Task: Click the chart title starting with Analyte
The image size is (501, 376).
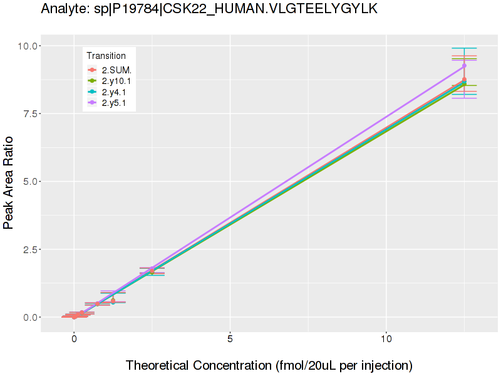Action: pos(209,9)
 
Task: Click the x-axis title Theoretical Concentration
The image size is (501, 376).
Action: pos(269,365)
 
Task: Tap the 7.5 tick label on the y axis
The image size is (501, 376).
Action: pos(29,113)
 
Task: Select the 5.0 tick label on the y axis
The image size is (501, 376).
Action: pos(29,182)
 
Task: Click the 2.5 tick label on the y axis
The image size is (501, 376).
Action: pos(29,249)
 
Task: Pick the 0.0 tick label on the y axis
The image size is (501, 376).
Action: pos(29,317)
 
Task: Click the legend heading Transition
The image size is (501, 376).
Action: pos(106,56)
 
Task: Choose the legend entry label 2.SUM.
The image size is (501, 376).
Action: pos(116,70)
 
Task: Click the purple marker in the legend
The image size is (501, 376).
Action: pos(92,103)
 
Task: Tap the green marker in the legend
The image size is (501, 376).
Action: pos(92,81)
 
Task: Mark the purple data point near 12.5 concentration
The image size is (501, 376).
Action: pos(464,66)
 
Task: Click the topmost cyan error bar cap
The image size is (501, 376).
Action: pos(464,48)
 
